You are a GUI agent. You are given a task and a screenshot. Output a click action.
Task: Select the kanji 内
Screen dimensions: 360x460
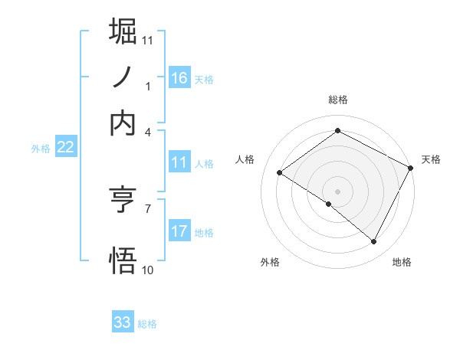(x=123, y=123)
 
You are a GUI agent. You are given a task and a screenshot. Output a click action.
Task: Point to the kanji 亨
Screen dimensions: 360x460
(x=123, y=200)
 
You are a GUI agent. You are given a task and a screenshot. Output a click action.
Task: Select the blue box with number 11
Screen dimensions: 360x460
(x=179, y=162)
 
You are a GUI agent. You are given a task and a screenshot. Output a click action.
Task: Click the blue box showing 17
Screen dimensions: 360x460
(x=179, y=231)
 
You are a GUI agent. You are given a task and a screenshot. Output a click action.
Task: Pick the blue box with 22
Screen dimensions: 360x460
(x=65, y=148)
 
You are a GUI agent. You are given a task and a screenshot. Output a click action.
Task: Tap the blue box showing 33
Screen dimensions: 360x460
(x=123, y=322)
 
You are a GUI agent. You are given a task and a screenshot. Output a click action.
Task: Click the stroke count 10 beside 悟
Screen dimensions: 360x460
(x=148, y=270)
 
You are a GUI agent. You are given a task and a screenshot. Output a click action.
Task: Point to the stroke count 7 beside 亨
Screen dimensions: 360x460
(x=148, y=208)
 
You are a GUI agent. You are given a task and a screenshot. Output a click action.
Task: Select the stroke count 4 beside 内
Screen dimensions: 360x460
(x=148, y=133)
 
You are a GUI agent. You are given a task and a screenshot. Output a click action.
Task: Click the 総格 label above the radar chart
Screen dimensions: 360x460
(x=338, y=100)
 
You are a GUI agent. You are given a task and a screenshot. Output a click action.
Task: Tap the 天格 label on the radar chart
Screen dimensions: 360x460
(x=432, y=160)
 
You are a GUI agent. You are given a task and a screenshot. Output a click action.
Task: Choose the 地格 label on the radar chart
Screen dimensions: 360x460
(x=402, y=263)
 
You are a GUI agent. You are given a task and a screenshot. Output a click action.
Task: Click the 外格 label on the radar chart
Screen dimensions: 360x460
(x=270, y=263)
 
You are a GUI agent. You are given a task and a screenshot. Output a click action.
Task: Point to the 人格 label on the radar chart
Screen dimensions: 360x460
(x=245, y=160)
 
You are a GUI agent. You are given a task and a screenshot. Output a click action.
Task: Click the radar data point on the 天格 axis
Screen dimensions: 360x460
(x=410, y=168)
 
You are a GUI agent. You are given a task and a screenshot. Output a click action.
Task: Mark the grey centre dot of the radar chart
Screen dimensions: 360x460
(x=337, y=191)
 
